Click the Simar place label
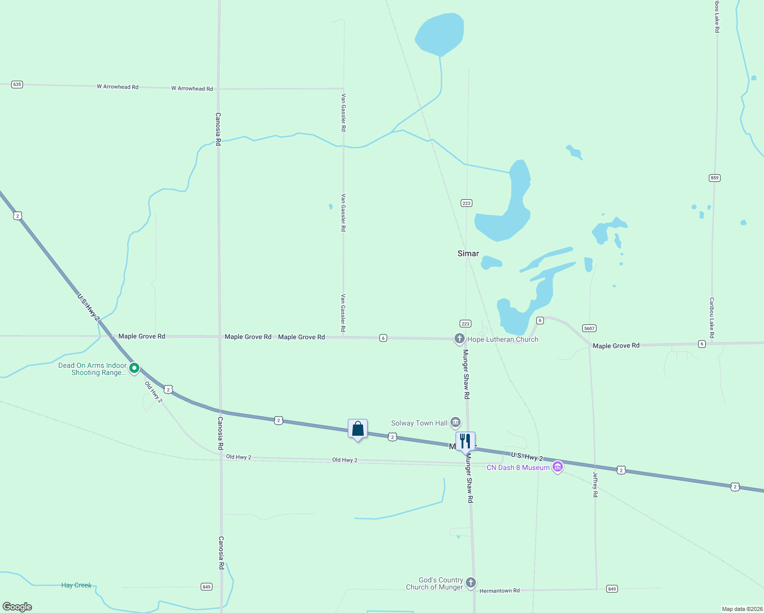[468, 253]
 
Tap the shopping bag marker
[357, 429]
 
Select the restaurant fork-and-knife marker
[465, 441]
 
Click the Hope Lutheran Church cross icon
[459, 339]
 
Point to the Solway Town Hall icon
[456, 422]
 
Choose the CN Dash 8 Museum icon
[558, 467]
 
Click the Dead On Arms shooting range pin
[134, 368]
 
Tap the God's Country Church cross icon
[471, 582]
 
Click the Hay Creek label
[76, 585]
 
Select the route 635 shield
[17, 84]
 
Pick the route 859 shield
[714, 178]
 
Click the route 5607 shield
[589, 328]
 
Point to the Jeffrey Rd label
[595, 484]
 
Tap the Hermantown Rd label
[499, 591]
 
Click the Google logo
[17, 607]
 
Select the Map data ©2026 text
[742, 609]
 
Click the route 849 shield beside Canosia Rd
[206, 586]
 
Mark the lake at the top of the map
[440, 34]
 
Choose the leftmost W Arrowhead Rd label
[117, 87]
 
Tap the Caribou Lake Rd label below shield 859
[711, 318]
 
